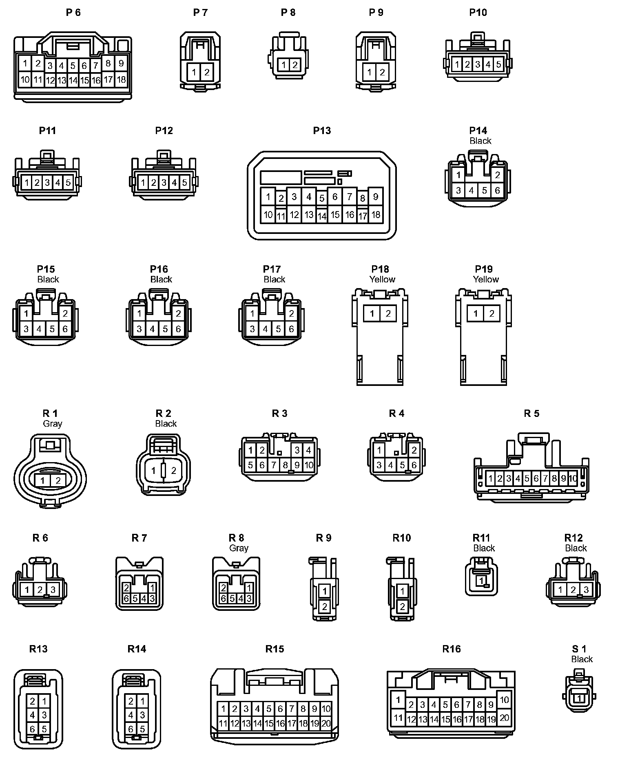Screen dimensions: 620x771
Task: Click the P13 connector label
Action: (322, 130)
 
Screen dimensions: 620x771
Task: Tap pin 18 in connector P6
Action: (121, 79)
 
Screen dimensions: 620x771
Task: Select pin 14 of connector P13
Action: (322, 216)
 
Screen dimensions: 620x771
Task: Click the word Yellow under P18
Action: (382, 279)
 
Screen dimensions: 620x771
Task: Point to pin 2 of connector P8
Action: (294, 64)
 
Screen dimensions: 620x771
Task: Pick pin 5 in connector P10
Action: (498, 64)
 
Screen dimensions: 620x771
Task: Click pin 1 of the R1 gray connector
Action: (43, 480)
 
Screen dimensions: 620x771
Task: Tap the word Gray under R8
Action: (239, 548)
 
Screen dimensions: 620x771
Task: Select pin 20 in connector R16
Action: (504, 717)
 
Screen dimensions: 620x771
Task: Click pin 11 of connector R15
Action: (223, 724)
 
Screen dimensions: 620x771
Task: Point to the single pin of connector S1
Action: (579, 698)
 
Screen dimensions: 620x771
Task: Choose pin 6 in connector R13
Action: (33, 729)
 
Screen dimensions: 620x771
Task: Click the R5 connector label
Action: (531, 414)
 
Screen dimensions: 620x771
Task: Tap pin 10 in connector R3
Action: (309, 465)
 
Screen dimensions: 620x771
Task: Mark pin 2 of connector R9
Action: (325, 606)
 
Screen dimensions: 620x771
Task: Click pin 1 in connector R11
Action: (481, 580)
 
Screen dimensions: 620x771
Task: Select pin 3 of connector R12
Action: (586, 590)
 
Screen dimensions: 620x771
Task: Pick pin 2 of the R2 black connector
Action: (173, 471)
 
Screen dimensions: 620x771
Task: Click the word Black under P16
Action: (161, 279)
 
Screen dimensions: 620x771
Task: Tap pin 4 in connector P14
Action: (472, 190)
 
